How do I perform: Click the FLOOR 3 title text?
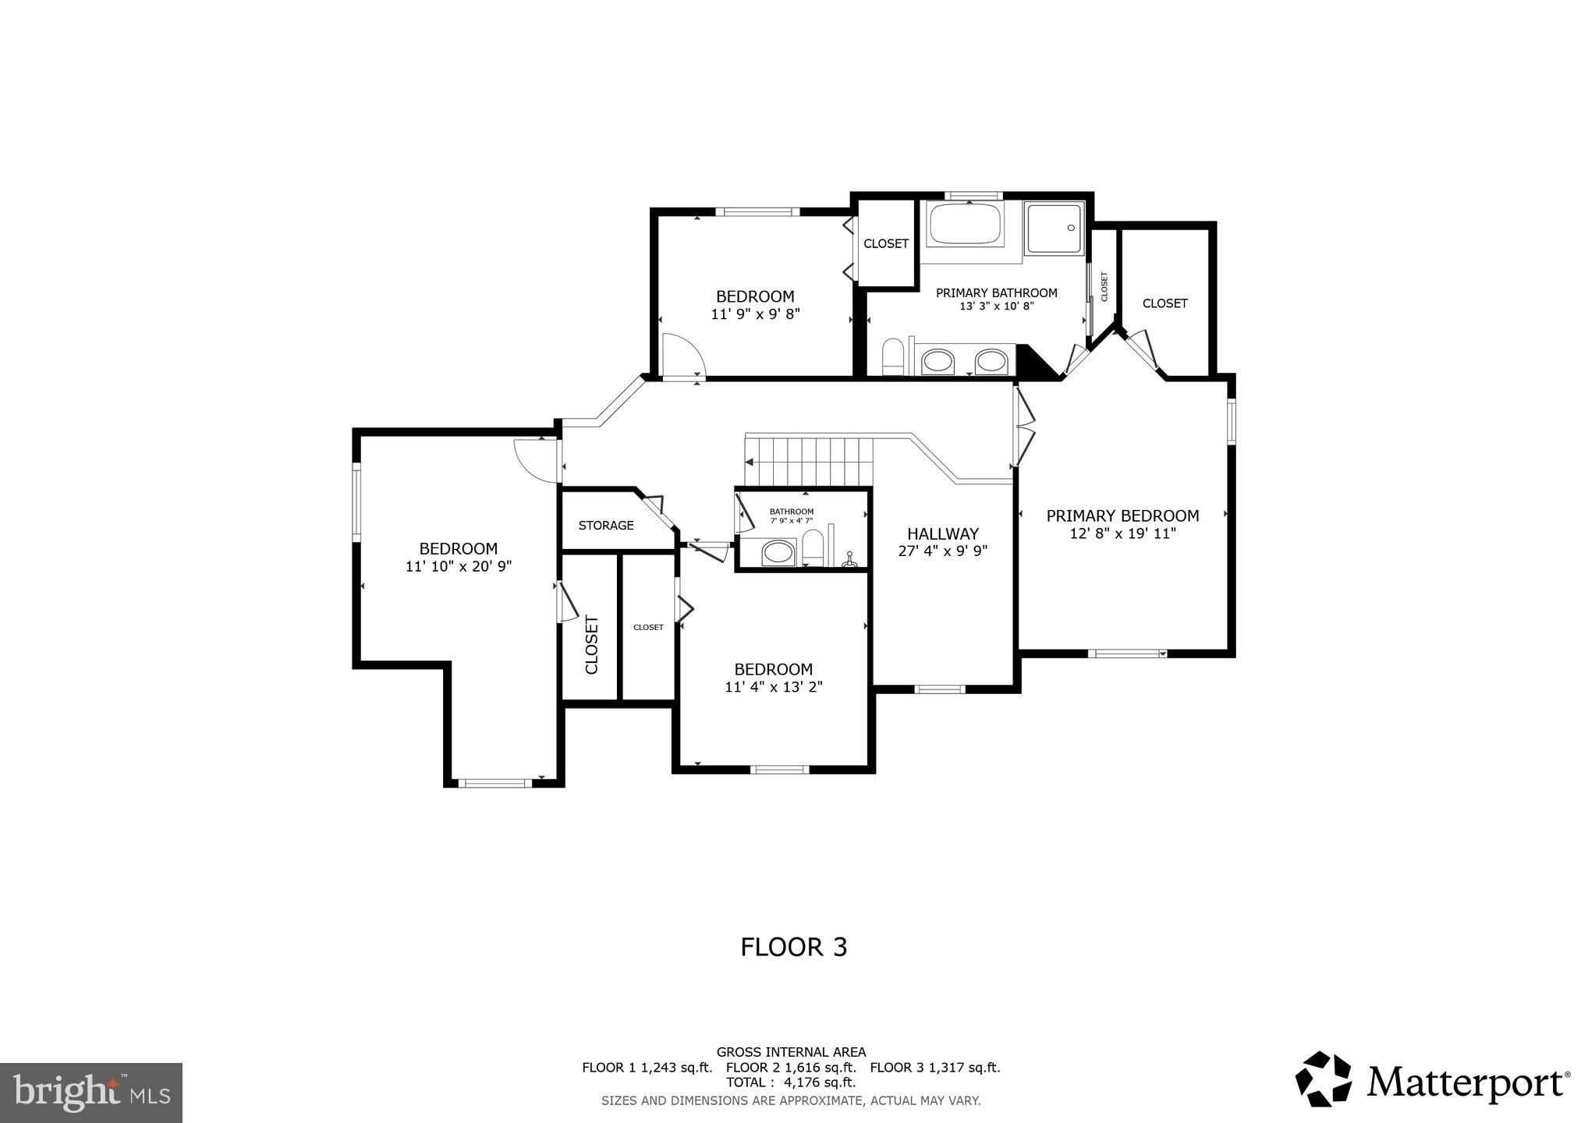[793, 947]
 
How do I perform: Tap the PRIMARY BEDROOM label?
[1122, 515]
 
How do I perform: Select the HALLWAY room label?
[942, 534]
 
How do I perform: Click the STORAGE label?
[606, 526]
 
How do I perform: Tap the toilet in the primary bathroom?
[892, 358]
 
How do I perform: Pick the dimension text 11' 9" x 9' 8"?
[755, 314]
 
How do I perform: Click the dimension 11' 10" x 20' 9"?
[459, 567]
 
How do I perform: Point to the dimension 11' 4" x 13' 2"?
[773, 687]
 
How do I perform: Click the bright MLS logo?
[91, 1093]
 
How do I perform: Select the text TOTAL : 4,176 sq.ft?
[791, 1082]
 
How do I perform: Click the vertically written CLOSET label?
[592, 645]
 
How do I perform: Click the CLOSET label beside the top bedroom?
[886, 243]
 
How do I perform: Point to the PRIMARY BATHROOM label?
[996, 293]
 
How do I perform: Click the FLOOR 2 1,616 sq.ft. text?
[791, 1068]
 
